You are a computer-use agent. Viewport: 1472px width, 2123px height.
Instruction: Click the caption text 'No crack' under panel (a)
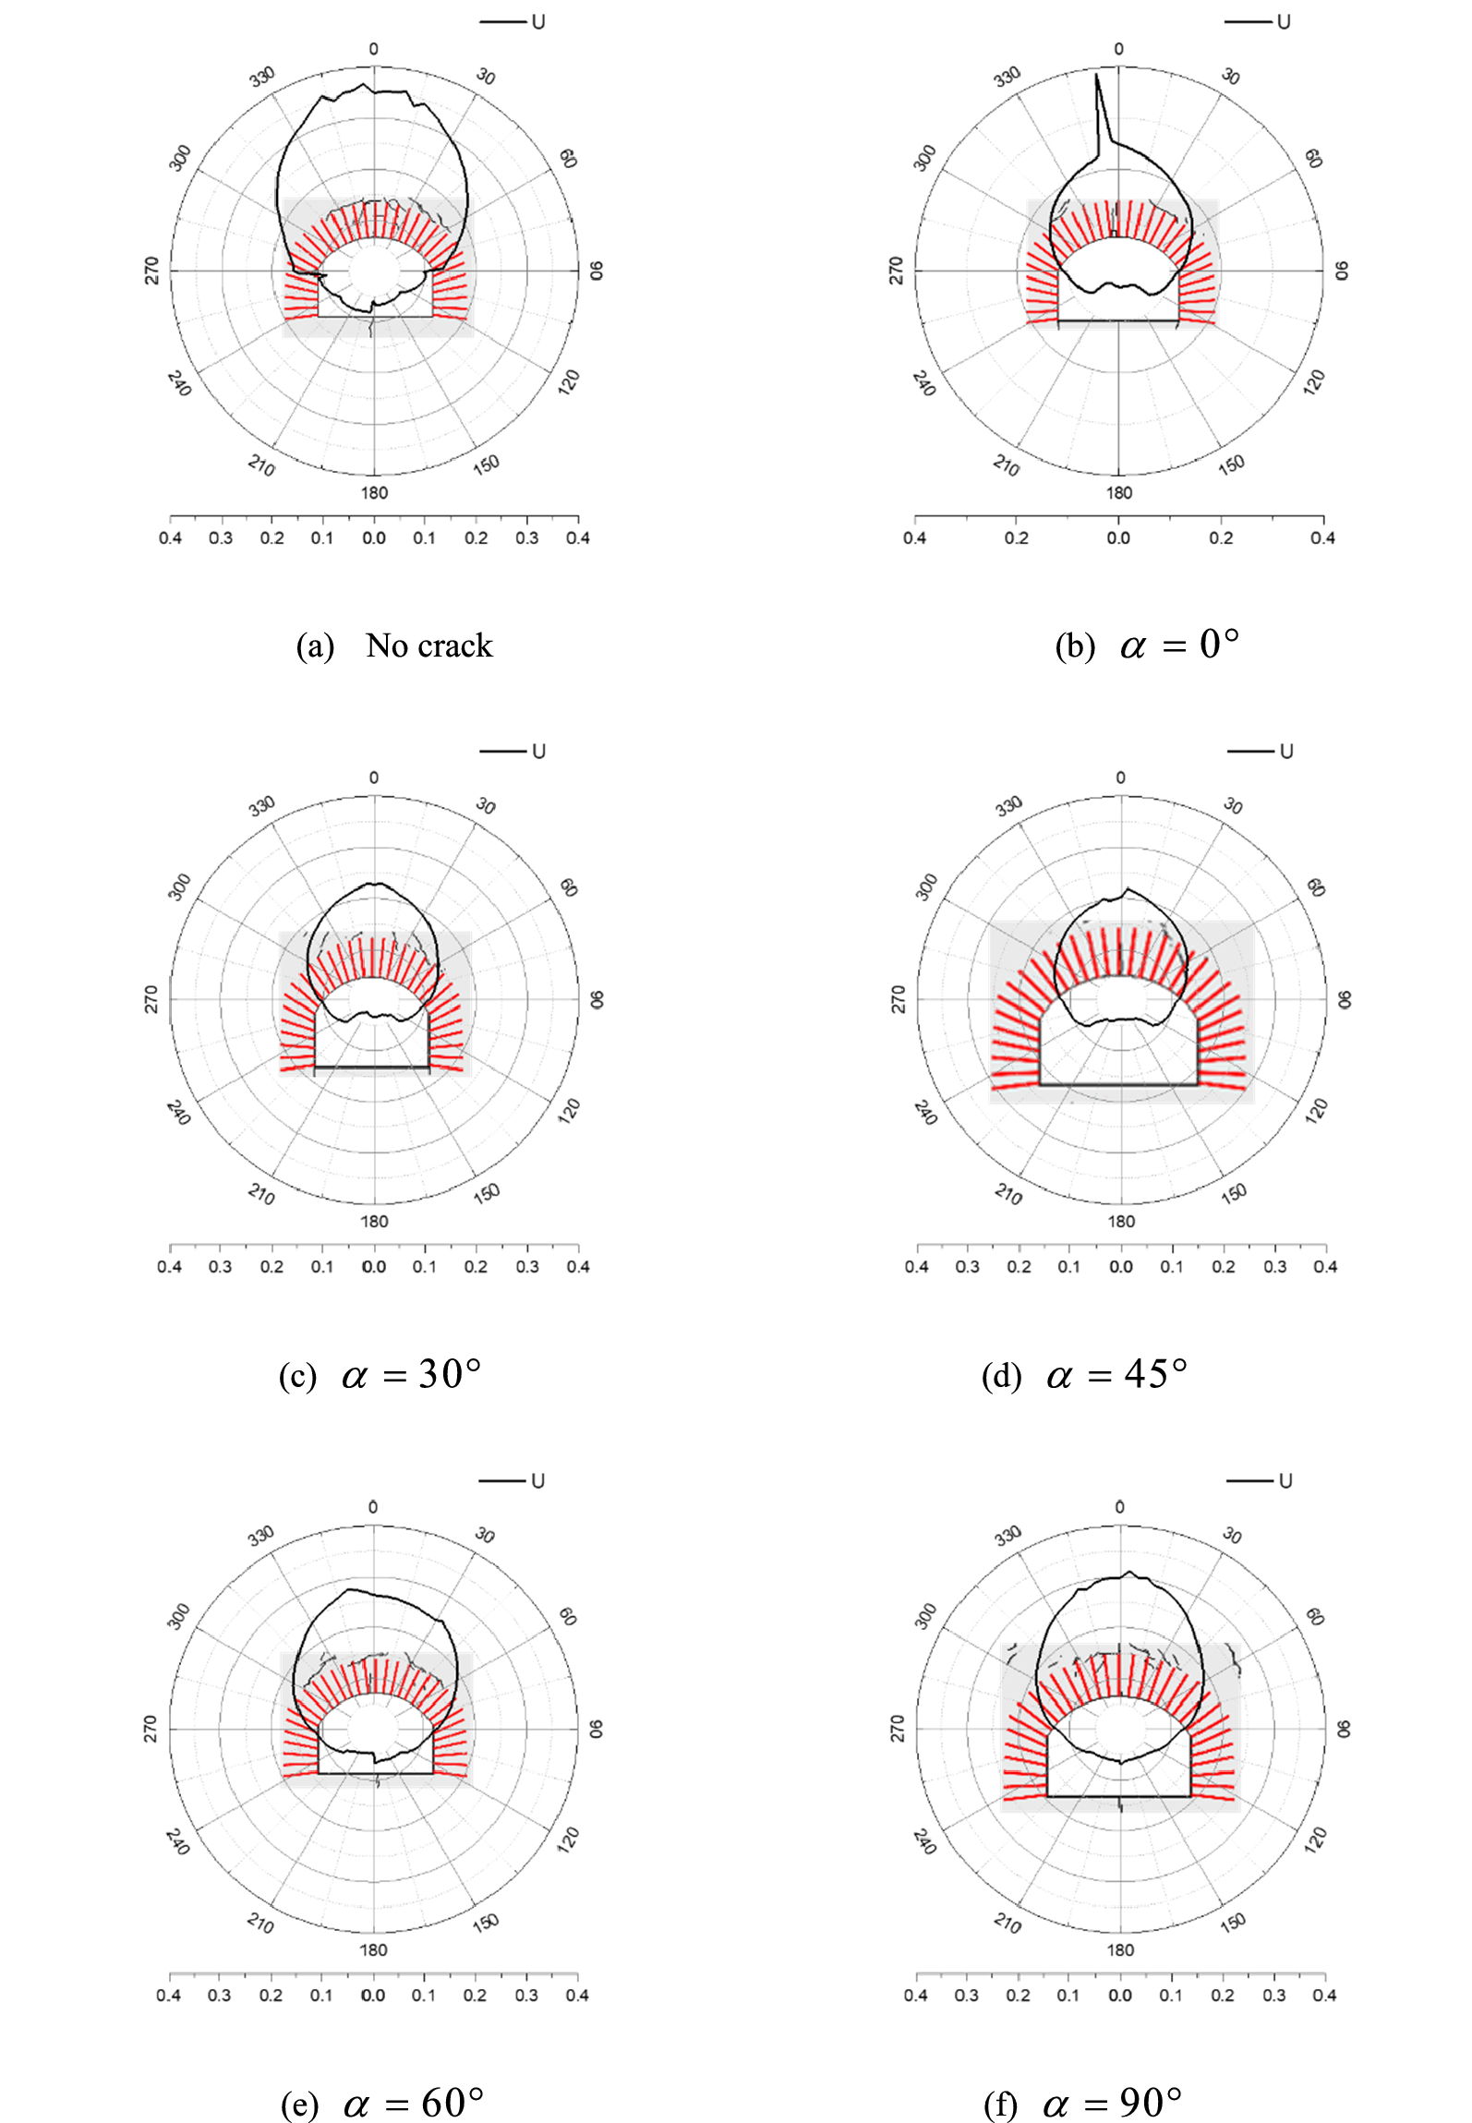point(428,645)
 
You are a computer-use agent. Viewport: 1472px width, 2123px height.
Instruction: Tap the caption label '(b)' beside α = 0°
point(1075,646)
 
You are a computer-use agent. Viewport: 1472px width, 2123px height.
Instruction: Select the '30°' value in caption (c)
point(450,1374)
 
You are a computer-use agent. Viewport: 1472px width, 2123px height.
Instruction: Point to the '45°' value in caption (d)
point(1155,1374)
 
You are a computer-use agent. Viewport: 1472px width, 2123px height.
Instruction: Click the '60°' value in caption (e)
point(452,2103)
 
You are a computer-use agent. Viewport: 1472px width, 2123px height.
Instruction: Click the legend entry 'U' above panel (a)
point(538,22)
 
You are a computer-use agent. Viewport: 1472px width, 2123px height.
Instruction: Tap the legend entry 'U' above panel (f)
point(1285,1481)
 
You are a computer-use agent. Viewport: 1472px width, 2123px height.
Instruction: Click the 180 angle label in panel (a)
point(374,493)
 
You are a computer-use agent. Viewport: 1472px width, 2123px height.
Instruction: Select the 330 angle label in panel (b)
point(1007,77)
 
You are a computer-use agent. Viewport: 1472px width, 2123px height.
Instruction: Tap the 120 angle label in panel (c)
point(570,1109)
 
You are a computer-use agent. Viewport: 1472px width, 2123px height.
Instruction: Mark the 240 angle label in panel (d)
point(924,1112)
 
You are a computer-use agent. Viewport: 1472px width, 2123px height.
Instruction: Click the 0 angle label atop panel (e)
point(373,1507)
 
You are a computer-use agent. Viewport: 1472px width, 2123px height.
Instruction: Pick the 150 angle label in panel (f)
point(1232,1922)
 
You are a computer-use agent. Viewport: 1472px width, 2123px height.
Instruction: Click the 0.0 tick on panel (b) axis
point(1118,538)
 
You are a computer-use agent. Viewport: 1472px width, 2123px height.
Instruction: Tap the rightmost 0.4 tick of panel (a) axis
point(578,538)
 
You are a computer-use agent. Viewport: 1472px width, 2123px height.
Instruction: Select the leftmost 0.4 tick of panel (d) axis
point(916,1267)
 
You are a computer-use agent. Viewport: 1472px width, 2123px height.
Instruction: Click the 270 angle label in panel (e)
point(151,1729)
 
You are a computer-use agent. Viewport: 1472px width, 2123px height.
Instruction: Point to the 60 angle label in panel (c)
point(569,887)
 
